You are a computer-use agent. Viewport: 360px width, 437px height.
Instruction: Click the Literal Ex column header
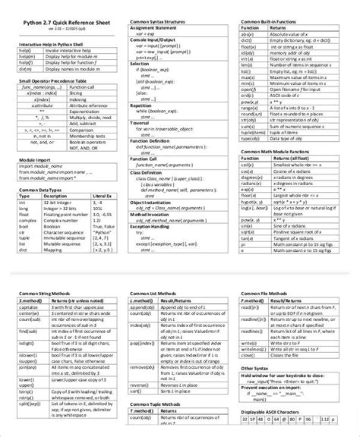tap(99, 195)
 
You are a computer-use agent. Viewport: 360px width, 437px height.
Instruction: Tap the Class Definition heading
tap(149, 171)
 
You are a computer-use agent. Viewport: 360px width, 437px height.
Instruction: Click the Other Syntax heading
tap(257, 368)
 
